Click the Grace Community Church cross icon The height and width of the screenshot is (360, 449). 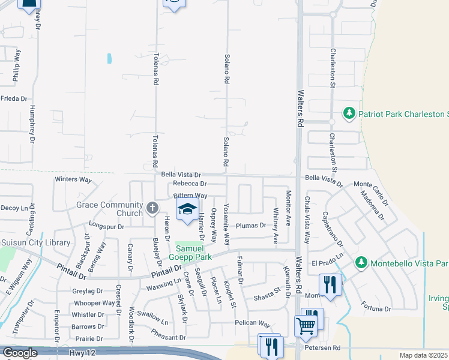pos(152,209)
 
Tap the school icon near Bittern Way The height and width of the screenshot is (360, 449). pos(187,209)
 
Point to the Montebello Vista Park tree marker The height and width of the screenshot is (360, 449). pos(361,263)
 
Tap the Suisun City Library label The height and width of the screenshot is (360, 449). pos(36,243)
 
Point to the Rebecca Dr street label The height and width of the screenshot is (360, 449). pos(189,184)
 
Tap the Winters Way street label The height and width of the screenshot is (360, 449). pos(73,179)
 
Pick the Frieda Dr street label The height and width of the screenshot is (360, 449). pos(14,98)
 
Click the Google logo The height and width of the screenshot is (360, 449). pos(20,353)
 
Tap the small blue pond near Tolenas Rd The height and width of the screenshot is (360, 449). pos(109,59)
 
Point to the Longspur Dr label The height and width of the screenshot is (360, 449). pos(106,227)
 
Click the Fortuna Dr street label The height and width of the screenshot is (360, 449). pos(376,309)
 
